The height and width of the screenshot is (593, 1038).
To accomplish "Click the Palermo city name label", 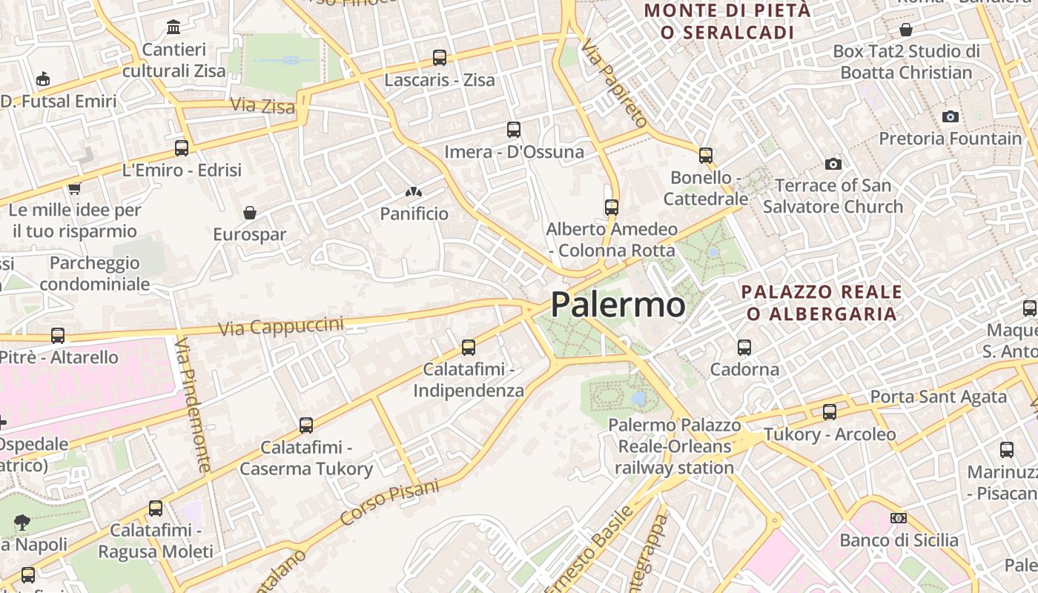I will (618, 305).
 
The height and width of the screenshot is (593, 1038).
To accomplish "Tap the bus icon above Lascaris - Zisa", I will (440, 57).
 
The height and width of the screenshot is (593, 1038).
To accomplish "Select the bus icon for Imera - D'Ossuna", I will (514, 130).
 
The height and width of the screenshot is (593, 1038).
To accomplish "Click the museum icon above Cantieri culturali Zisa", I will (173, 27).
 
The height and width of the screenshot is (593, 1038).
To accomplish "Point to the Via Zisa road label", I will (262, 106).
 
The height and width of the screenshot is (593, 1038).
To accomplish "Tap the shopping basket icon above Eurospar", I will (250, 213).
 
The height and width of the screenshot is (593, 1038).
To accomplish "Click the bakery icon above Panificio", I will (414, 192).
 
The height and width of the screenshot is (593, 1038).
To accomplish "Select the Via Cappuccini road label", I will (281, 326).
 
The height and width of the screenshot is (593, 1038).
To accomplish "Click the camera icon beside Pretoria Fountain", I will (951, 116).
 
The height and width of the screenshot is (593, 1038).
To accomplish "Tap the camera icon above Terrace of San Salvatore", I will (833, 164).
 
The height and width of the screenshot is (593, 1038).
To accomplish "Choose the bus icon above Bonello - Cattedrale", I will (706, 156).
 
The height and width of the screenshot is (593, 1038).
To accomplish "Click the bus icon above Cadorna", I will (744, 347).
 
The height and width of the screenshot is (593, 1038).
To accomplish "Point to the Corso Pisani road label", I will (390, 502).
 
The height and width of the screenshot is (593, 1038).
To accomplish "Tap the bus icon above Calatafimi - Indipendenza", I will (469, 347).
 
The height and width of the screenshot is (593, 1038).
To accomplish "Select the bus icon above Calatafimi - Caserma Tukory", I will (306, 425).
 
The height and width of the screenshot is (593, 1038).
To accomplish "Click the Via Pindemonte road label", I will (194, 405).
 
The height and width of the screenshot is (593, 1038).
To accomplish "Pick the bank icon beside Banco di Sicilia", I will (899, 518).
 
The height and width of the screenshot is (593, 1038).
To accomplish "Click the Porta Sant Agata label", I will (939, 397).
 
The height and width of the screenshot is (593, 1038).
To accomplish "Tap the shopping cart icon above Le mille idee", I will (74, 188).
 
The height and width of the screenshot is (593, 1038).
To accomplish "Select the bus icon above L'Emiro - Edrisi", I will (182, 148).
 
